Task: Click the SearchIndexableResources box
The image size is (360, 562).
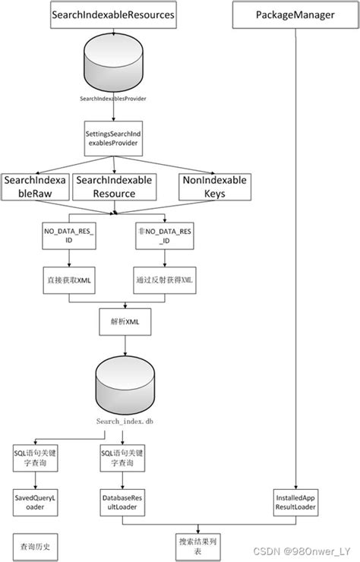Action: point(113,14)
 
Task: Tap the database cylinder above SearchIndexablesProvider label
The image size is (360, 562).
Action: point(113,65)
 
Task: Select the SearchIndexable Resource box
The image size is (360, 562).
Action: point(114,187)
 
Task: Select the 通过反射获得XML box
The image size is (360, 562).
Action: point(163,279)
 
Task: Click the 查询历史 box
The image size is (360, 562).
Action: point(33,545)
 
